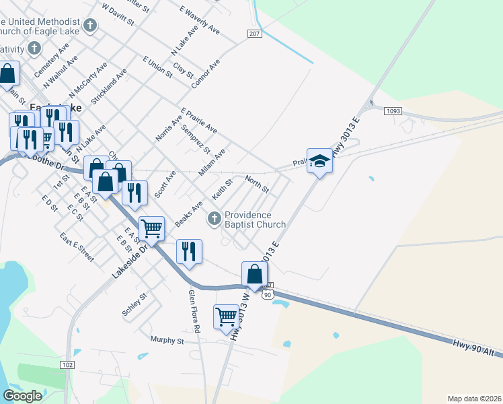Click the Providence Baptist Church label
click(255, 220)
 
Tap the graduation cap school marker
click(320, 160)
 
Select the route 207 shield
click(254, 34)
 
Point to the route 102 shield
click(67, 364)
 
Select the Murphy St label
click(167, 341)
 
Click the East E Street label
click(76, 248)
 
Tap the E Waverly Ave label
click(200, 20)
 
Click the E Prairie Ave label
click(198, 120)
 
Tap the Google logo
click(22, 396)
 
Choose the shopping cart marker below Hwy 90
click(227, 316)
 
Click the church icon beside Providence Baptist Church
click(215, 217)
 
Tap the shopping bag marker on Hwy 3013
click(254, 273)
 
